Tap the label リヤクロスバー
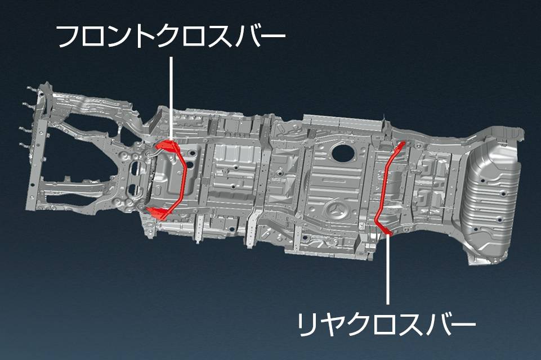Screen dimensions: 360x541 click(x=386, y=324)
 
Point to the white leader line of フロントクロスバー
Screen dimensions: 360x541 click(x=171, y=96)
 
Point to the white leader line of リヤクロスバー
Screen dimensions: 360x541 click(x=388, y=270)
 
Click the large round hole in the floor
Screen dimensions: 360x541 click(x=341, y=151)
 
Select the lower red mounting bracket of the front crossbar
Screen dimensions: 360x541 click(x=159, y=213)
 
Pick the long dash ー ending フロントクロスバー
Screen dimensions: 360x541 click(x=271, y=38)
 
